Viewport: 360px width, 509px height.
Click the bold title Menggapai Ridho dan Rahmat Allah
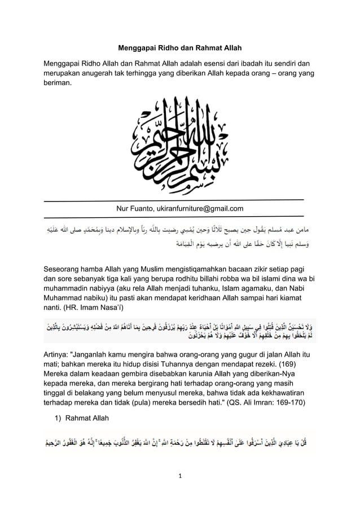click(x=179, y=49)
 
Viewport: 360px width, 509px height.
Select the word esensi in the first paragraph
click(x=217, y=62)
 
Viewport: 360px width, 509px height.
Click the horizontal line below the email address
click(x=174, y=216)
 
